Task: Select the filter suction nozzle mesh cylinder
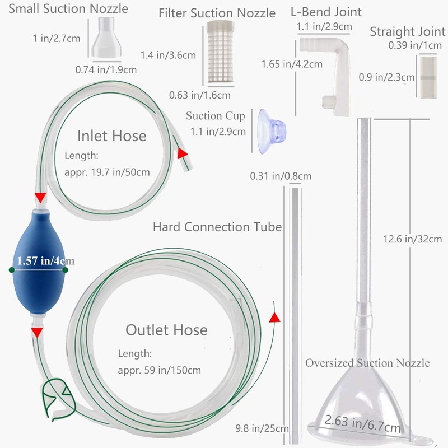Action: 220,52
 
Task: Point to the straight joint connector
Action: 427,77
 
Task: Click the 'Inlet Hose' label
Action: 111,136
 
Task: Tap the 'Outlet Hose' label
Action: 166,330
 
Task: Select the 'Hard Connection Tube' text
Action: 217,227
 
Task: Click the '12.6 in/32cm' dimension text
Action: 412,239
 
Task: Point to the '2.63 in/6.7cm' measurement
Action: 362,424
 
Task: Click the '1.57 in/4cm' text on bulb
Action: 46,260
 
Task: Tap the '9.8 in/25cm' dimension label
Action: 262,428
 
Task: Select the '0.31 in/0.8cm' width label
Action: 281,176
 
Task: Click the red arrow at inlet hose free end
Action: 182,153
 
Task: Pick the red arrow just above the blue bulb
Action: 40,197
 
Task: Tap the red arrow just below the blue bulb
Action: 37,332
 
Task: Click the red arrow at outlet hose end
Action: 274,318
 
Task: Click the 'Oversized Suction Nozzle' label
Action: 367,363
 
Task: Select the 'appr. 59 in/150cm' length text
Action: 160,370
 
